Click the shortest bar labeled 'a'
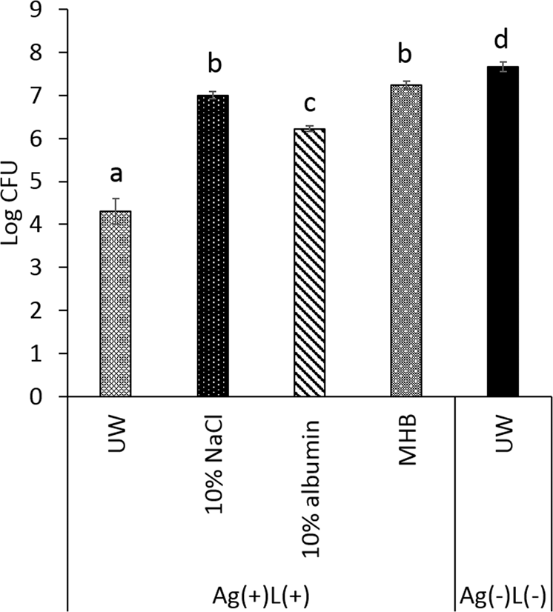(116, 304)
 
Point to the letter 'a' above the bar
(116, 176)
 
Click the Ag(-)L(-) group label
(503, 596)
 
